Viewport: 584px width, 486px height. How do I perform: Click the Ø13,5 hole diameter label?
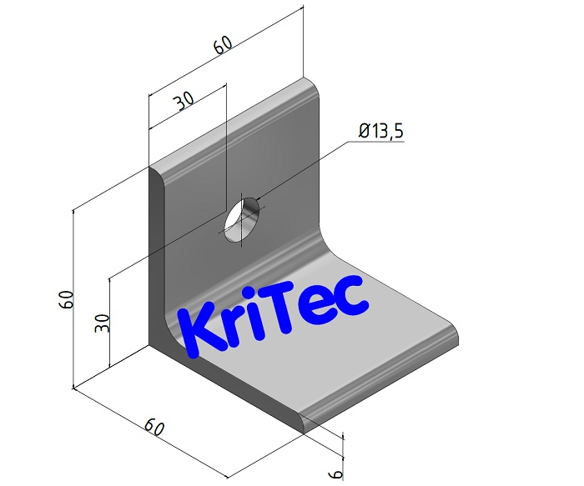click(381, 132)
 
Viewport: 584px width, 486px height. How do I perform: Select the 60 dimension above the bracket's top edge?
click(222, 47)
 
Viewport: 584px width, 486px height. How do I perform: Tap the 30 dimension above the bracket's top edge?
click(184, 102)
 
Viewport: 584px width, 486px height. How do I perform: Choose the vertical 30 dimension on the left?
click(103, 323)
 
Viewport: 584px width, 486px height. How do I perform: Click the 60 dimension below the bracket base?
click(153, 428)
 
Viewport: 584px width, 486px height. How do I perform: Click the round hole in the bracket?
click(240, 219)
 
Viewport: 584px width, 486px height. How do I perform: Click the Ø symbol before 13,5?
click(364, 132)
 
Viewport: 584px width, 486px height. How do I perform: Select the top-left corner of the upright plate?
click(154, 170)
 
